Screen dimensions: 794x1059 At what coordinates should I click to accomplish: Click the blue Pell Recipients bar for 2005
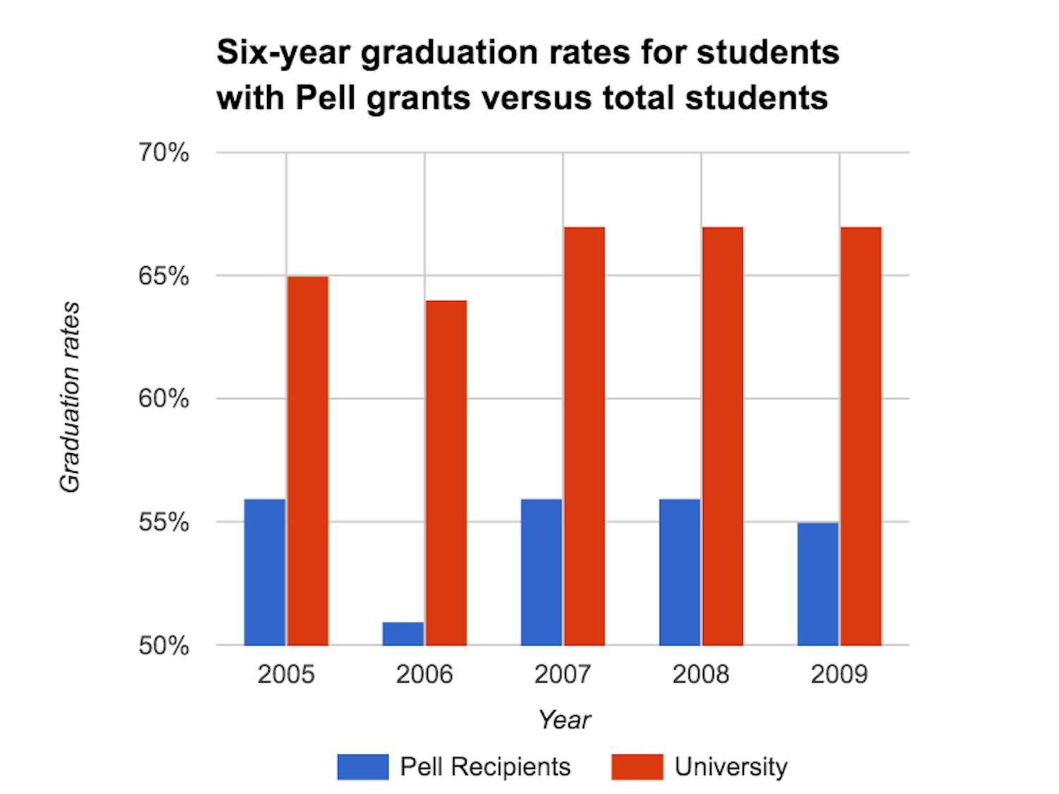point(265,572)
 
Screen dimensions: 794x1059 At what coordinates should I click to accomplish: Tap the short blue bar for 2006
point(403,634)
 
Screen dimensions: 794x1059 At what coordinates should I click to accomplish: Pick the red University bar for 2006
point(446,473)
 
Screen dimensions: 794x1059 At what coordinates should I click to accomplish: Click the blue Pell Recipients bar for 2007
point(542,572)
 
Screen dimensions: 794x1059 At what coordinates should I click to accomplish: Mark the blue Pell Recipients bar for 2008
point(680,572)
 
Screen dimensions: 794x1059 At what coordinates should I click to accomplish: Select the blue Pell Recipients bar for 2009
point(818,584)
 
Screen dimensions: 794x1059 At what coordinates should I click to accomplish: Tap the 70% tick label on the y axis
point(164,152)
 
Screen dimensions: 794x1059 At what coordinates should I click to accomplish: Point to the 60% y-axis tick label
point(164,399)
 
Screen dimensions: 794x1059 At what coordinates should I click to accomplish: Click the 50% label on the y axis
point(164,646)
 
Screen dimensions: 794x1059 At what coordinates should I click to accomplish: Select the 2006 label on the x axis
point(424,675)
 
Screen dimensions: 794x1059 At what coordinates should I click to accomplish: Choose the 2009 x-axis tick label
point(839,675)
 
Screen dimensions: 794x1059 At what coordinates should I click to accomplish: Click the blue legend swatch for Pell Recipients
point(363,767)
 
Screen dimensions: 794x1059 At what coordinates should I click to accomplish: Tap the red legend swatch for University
point(637,767)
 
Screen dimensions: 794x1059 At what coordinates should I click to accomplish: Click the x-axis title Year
point(564,720)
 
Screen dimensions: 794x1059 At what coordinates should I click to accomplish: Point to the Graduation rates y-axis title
point(70,397)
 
